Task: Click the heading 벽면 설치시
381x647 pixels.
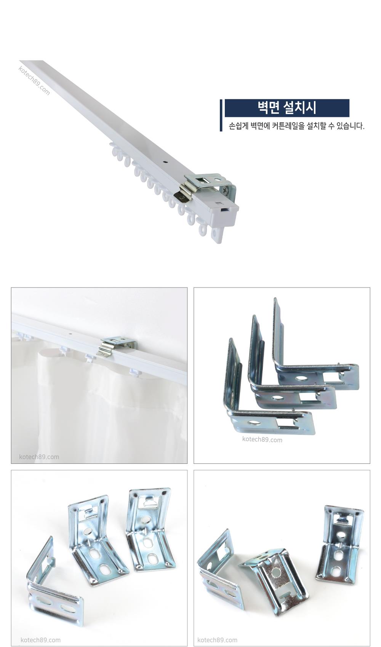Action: pos(287,108)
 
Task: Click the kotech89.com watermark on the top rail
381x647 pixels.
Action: pos(34,81)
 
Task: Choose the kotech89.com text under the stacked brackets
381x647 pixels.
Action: pos(262,439)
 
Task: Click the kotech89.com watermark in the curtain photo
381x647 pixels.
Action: pos(39,457)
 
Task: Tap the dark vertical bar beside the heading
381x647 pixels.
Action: pos(221,115)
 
